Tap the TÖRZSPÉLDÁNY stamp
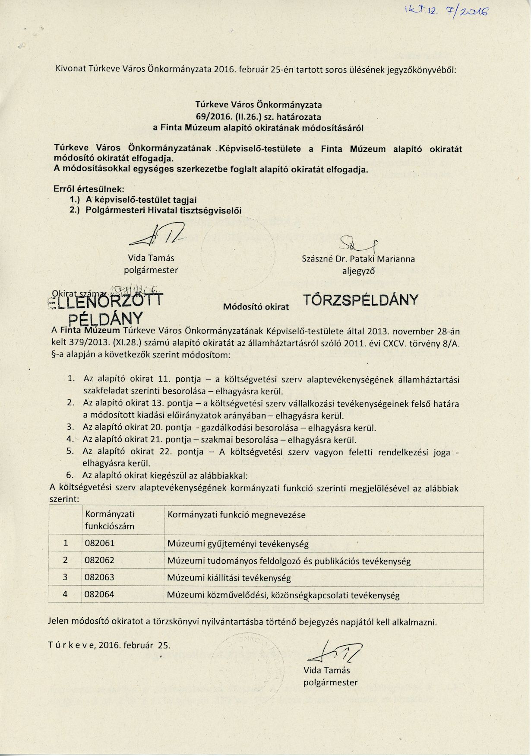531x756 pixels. click(x=360, y=300)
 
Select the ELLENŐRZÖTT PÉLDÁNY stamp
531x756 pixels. click(x=106, y=308)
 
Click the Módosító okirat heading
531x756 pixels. click(x=256, y=307)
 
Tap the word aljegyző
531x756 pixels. click(x=358, y=271)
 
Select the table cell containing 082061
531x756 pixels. click(x=100, y=543)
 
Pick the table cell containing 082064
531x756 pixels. click(x=100, y=594)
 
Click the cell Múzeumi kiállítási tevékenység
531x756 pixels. click(x=229, y=577)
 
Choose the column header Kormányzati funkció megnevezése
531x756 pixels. click(x=236, y=515)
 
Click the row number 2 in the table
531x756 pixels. click(x=66, y=560)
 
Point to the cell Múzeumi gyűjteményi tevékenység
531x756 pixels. click(x=238, y=544)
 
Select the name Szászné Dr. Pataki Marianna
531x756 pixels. click(x=358, y=259)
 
